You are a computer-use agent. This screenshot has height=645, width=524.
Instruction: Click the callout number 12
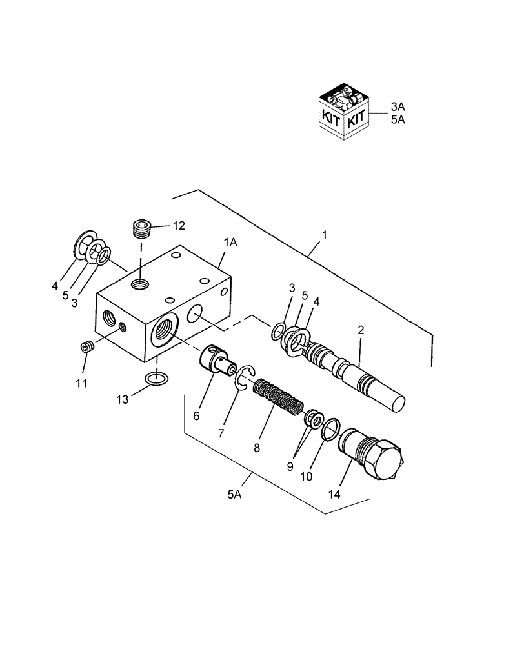pos(178,226)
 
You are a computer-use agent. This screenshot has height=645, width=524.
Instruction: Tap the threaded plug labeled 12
pos(141,228)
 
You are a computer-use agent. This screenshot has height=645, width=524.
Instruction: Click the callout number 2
pos(361,330)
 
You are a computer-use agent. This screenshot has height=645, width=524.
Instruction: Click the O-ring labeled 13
pos(156,379)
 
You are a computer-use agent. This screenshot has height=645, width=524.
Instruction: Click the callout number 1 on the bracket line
pos(324,236)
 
